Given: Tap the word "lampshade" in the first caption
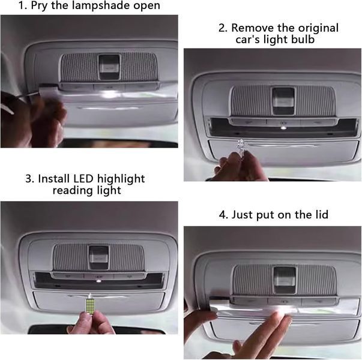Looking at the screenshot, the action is click(x=91, y=5).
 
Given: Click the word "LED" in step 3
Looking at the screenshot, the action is click(x=83, y=179).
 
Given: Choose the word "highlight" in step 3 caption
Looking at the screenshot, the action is click(x=121, y=179).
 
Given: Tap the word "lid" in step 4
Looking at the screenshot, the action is click(x=322, y=214).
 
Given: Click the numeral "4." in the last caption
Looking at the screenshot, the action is click(x=223, y=215).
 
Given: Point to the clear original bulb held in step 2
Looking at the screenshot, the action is click(x=241, y=145).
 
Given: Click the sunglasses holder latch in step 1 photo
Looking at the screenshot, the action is click(x=109, y=67).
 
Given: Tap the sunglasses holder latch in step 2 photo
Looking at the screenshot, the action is click(x=283, y=101).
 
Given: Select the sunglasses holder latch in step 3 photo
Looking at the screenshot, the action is click(x=99, y=257).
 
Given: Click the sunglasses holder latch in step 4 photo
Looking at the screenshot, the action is click(x=285, y=280).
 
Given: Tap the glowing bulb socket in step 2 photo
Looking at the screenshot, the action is click(x=283, y=127).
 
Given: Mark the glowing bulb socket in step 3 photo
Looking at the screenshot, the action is click(x=98, y=281).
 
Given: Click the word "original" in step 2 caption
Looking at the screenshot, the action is click(x=319, y=28).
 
